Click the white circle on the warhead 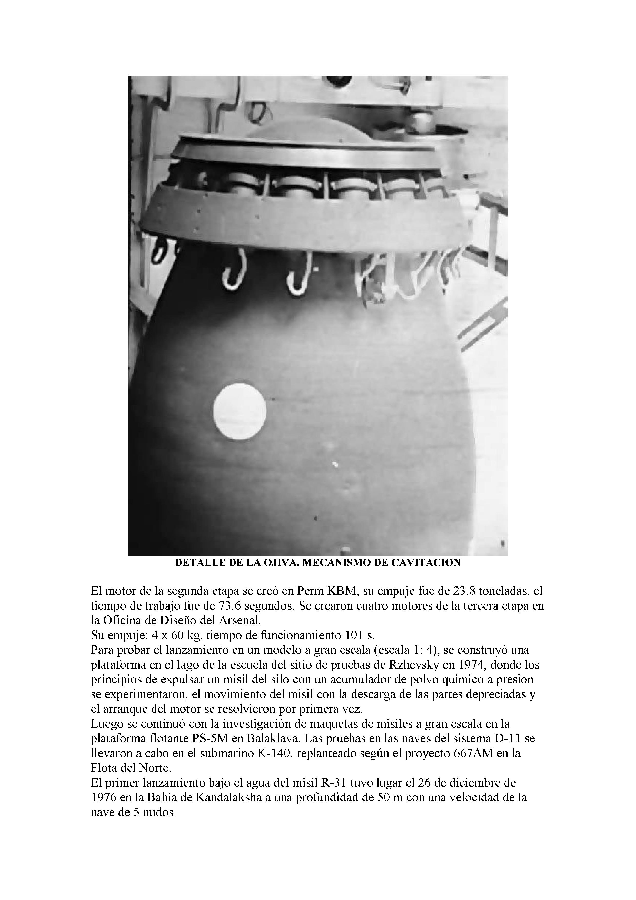(240, 410)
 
